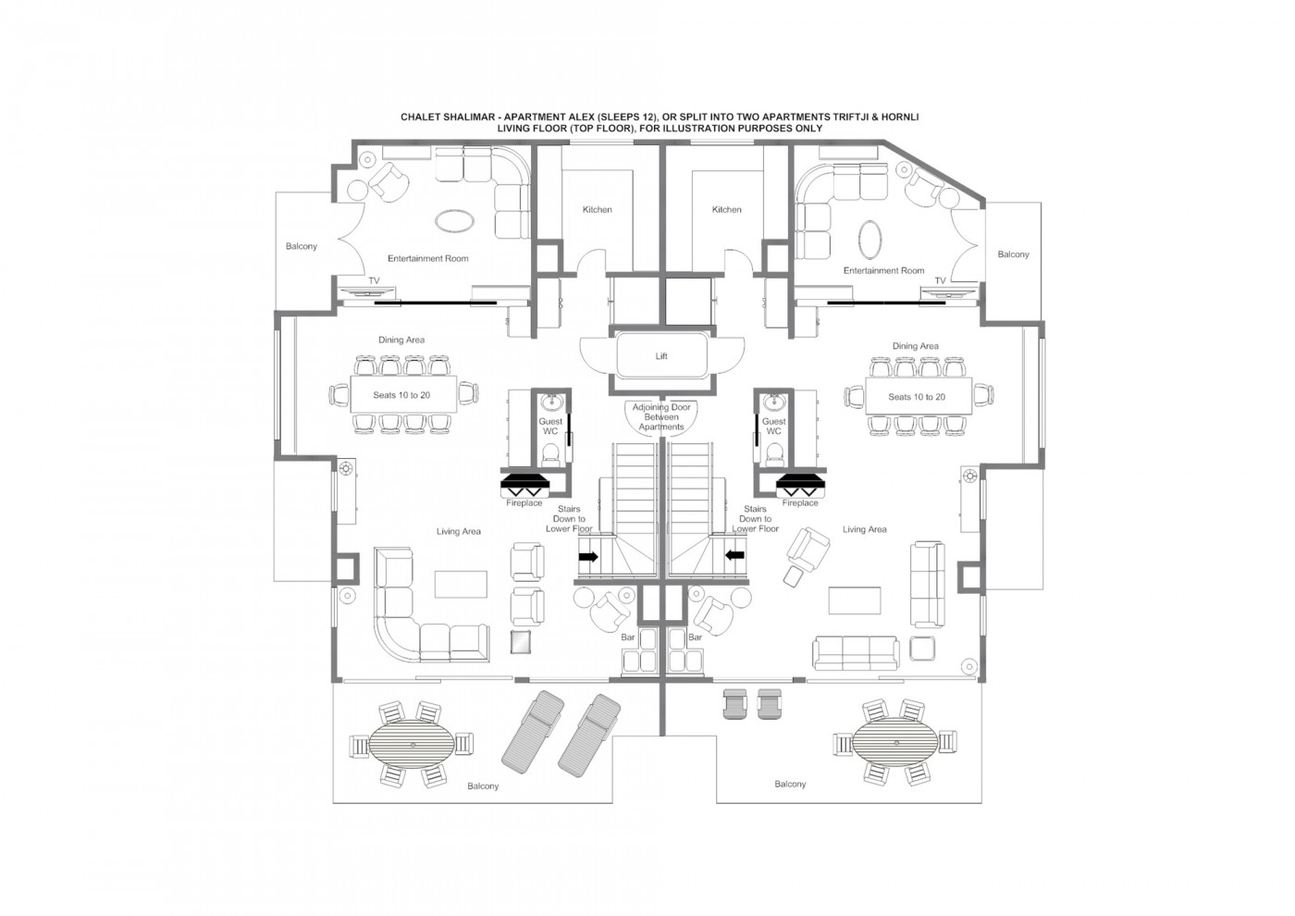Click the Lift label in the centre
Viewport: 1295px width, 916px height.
click(660, 356)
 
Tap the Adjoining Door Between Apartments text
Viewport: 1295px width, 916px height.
click(660, 417)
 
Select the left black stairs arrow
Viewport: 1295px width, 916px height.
click(587, 556)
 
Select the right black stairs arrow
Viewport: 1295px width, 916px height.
click(735, 555)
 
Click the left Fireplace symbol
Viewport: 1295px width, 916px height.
click(524, 484)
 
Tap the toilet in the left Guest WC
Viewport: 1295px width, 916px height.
click(550, 452)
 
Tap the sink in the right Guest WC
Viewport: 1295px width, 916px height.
click(773, 403)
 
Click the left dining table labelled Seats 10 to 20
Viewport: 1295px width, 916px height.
click(401, 395)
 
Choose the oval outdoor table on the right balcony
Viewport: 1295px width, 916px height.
click(894, 743)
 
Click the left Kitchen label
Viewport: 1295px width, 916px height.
click(597, 210)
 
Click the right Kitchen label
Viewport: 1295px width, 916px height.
click(726, 210)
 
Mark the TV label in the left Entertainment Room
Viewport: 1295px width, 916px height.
click(374, 279)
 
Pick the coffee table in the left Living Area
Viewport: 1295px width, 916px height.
click(460, 583)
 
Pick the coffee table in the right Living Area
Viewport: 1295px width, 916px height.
click(854, 600)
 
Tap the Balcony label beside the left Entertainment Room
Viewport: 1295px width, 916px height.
click(302, 246)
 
